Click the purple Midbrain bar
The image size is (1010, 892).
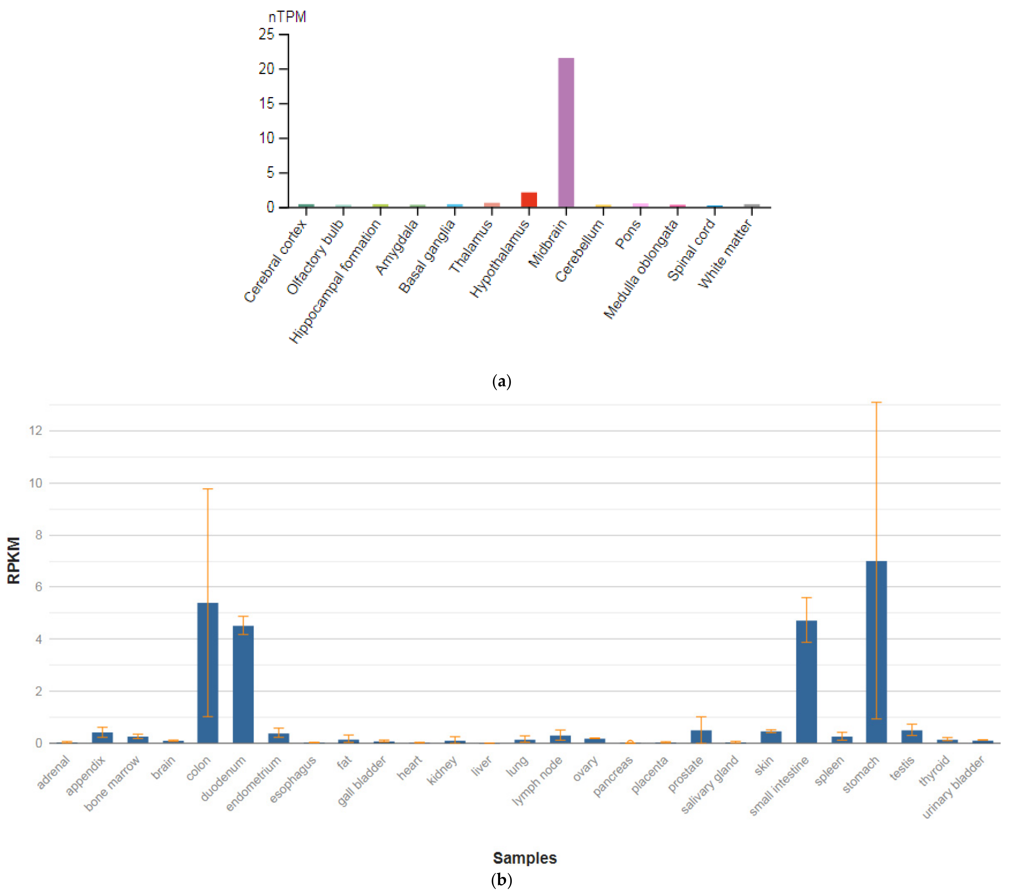pos(566,132)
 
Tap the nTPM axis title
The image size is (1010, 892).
pos(287,17)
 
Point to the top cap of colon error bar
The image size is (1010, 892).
pos(208,489)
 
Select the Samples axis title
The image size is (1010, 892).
pos(525,858)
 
